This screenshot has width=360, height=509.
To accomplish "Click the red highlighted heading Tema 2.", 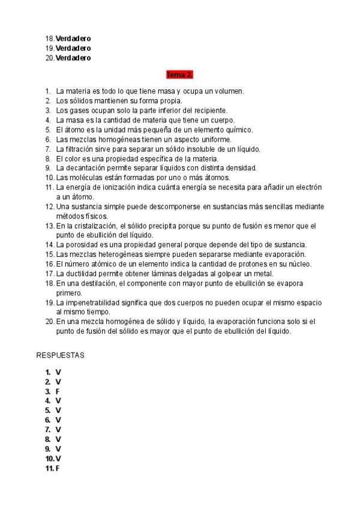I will coord(180,75).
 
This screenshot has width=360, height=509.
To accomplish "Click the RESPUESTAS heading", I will coord(61,355).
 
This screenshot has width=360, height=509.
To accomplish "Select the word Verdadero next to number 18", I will coord(73,38).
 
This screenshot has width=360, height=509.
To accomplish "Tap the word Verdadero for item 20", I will coord(73,58).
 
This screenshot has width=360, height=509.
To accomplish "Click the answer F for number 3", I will coord(58,391).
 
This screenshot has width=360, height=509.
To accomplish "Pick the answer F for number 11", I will coord(58,468).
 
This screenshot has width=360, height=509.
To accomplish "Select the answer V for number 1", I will coord(58,372).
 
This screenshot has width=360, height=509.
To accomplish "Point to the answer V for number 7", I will coord(58,429).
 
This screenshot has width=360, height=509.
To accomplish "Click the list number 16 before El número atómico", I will coord(49,264).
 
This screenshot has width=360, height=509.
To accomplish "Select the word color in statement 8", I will coord(71,158).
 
